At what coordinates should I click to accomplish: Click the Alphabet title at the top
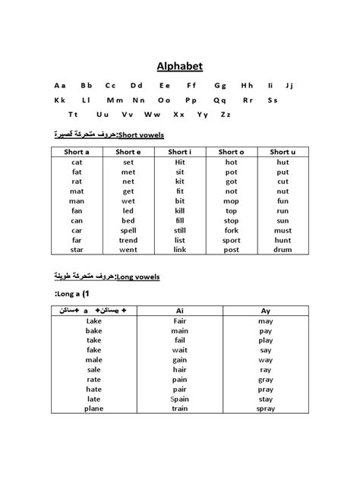pyautogui.click(x=180, y=65)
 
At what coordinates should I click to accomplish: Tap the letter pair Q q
pyautogui.click(x=219, y=99)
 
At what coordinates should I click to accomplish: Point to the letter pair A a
pyautogui.click(x=59, y=84)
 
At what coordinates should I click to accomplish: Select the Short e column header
pyautogui.click(x=128, y=152)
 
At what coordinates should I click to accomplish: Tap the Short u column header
pyautogui.click(x=283, y=152)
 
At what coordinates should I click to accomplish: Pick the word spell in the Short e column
pyautogui.click(x=128, y=230)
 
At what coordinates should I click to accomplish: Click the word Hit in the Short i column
pyautogui.click(x=179, y=162)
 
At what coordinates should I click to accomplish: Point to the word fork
pyautogui.click(x=231, y=230)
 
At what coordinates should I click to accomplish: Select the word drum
pyautogui.click(x=283, y=249)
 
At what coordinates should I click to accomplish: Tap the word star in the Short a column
pyautogui.click(x=77, y=249)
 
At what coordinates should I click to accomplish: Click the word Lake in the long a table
pyautogui.click(x=94, y=321)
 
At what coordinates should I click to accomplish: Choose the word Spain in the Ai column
pyautogui.click(x=179, y=399)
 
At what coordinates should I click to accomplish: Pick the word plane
pyautogui.click(x=94, y=409)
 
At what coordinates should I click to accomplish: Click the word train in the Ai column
pyautogui.click(x=179, y=409)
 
